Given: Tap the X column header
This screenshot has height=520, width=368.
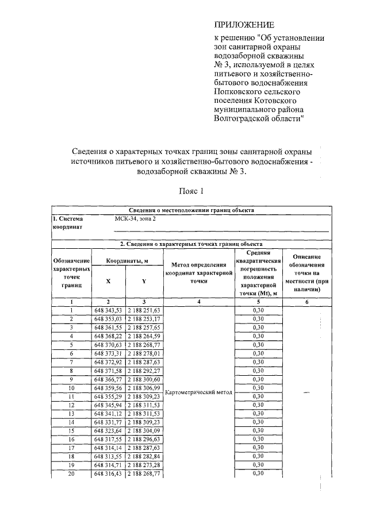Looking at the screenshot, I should pos(108,281).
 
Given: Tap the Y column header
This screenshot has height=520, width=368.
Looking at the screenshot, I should pos(144,281).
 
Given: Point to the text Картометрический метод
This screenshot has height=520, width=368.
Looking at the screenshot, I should pos(198,393).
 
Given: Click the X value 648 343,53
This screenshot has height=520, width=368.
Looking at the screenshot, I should pos(108,310).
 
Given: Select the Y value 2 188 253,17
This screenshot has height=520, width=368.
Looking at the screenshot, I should pos(144,319).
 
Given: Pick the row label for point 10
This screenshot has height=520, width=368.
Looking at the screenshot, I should pos(71,388).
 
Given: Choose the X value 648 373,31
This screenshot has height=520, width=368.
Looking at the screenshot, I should pos(108,353).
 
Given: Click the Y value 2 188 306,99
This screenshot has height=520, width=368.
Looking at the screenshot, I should pos(144,388).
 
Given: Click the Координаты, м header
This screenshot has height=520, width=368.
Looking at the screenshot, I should pos(126,261).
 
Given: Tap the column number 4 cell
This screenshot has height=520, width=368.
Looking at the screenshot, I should pos(198,301).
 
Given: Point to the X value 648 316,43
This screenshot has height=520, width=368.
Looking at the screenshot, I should pos(108,473).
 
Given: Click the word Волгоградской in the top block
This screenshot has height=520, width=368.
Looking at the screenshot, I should pos(239,118).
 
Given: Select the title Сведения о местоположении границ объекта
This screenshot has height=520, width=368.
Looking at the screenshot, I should pos(190,210).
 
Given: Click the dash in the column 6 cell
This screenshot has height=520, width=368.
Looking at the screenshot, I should pos(306,392).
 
